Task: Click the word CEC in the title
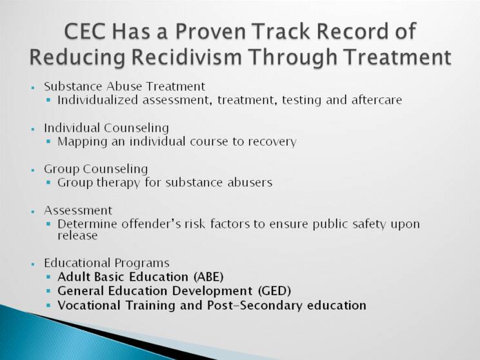pos(85,32)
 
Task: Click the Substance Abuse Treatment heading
pos(125,86)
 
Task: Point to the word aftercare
pos(377,100)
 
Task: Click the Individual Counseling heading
pos(106,128)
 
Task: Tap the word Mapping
pos(83,142)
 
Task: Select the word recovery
pos(272,142)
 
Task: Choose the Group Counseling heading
pos(96,169)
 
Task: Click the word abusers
pos(250,183)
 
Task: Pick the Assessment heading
pos(78,210)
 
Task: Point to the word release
pos(77,235)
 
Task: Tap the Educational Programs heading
pos(106,263)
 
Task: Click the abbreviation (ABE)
pos(208,277)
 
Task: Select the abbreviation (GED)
pos(274,290)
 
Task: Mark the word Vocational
pos(89,305)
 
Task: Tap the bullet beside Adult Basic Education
pos(48,277)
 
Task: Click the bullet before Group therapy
pos(48,183)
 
